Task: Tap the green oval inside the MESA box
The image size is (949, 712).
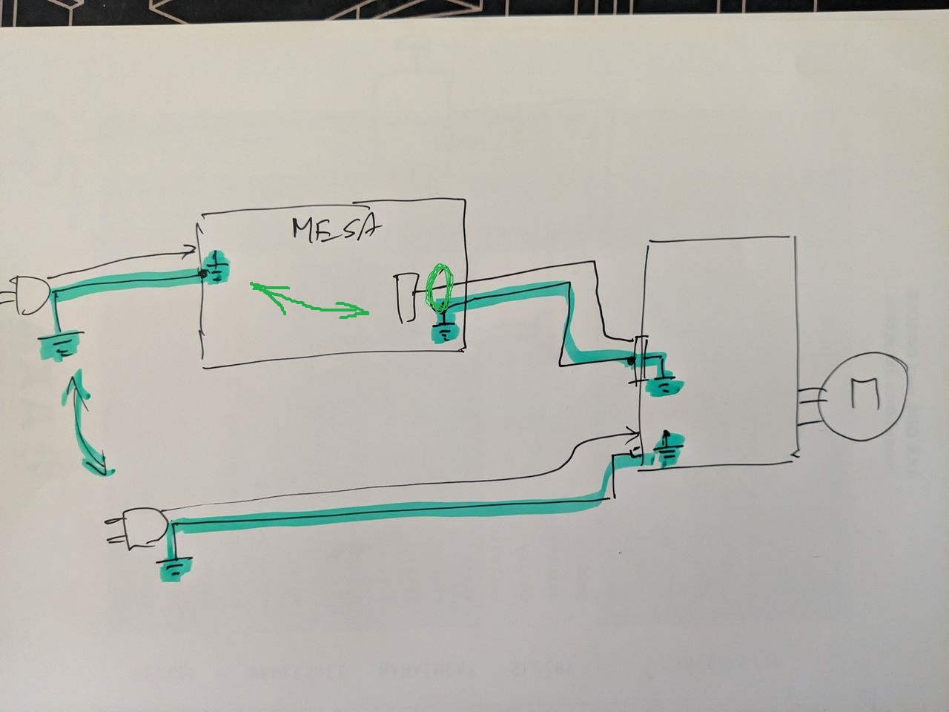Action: pyautogui.click(x=440, y=288)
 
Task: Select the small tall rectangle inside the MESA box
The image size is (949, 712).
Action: pyautogui.click(x=406, y=297)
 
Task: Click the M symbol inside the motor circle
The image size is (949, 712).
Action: pyautogui.click(x=865, y=395)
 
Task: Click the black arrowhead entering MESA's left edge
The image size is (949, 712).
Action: pyautogui.click(x=190, y=253)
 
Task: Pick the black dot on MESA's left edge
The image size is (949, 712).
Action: pyautogui.click(x=202, y=274)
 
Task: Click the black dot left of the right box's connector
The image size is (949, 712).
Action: pyautogui.click(x=630, y=361)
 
